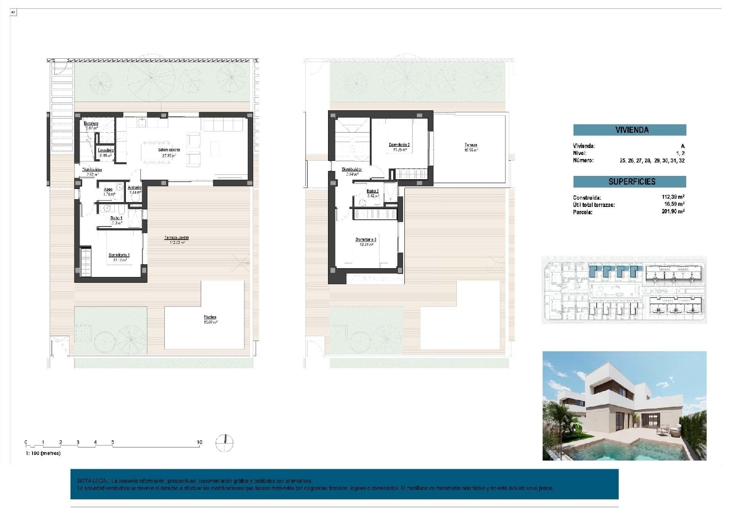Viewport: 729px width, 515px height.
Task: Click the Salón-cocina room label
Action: [x=169, y=150]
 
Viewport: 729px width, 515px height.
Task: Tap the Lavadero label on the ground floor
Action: [x=105, y=151]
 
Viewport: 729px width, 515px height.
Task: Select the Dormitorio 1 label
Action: [x=119, y=255]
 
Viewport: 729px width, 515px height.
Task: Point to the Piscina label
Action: [x=210, y=317]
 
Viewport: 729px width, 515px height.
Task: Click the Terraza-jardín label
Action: [x=176, y=238]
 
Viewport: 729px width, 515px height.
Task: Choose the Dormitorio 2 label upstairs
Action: [x=399, y=145]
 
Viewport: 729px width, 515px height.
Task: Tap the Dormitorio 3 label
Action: [x=365, y=240]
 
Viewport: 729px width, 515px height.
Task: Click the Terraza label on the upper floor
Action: [x=470, y=145]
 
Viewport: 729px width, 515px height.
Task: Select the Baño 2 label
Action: [x=372, y=191]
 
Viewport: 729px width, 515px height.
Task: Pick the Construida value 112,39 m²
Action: [x=673, y=197]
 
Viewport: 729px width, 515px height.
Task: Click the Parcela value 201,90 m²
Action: [x=673, y=212]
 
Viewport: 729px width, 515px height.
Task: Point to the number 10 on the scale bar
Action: [x=199, y=443]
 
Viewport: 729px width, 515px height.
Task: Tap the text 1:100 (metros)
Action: [x=43, y=453]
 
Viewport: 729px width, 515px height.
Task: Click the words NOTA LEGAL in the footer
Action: [x=90, y=481]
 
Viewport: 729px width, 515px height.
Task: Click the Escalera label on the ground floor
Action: [x=91, y=123]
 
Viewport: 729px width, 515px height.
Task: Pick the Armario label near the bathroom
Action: [x=135, y=188]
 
